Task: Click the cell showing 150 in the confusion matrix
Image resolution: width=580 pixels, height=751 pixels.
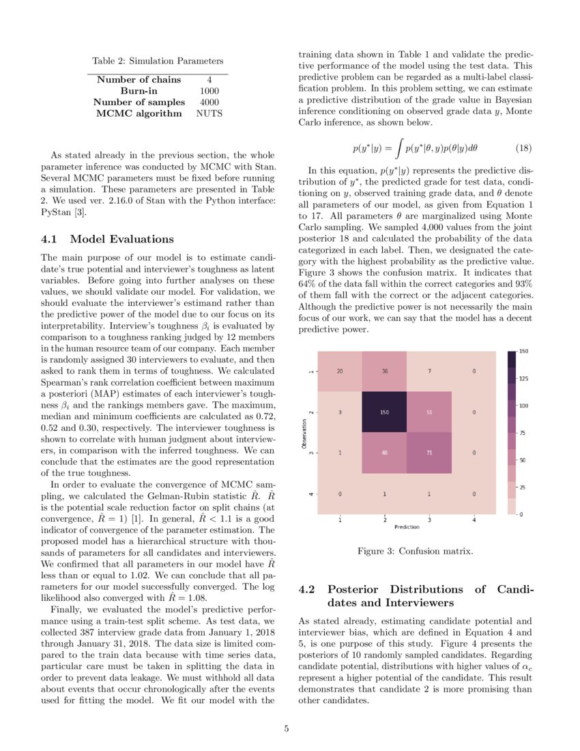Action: pyautogui.click(x=385, y=412)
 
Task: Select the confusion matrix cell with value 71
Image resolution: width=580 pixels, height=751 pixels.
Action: pyautogui.click(x=430, y=453)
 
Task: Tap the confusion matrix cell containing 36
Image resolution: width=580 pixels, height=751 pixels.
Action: pyautogui.click(x=385, y=371)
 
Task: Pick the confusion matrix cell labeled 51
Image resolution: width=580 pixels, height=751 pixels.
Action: pyautogui.click(x=430, y=412)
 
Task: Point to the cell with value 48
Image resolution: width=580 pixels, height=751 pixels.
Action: pyautogui.click(x=385, y=453)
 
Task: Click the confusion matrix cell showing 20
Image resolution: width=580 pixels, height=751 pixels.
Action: pyautogui.click(x=340, y=371)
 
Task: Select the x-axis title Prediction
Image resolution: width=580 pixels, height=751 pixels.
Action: pyautogui.click(x=407, y=527)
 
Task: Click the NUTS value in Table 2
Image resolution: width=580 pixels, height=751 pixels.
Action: pyautogui.click(x=209, y=113)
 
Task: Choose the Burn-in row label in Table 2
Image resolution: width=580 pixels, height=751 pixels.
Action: pyautogui.click(x=139, y=91)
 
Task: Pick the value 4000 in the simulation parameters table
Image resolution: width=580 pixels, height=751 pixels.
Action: pyautogui.click(x=209, y=102)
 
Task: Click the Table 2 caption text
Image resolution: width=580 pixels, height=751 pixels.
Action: pyautogui.click(x=158, y=61)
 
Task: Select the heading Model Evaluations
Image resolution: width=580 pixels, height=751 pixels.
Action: pyautogui.click(x=121, y=239)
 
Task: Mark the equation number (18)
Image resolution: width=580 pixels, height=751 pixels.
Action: pyautogui.click(x=523, y=147)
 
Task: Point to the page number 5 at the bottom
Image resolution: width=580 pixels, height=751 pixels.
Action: pyautogui.click(x=287, y=729)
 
